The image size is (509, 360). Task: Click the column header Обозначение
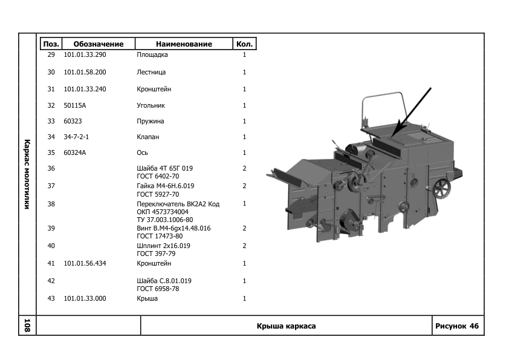click(x=98, y=44)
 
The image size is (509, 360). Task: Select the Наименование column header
click(x=184, y=44)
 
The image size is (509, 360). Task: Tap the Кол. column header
click(x=244, y=44)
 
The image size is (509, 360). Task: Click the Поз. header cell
click(x=51, y=44)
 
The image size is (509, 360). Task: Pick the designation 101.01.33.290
click(x=85, y=55)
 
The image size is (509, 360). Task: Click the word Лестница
click(x=151, y=73)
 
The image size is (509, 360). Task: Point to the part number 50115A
click(x=76, y=106)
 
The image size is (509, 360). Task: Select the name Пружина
click(x=151, y=122)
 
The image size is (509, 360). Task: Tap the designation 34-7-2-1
click(x=77, y=137)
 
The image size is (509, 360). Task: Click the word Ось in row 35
click(x=143, y=153)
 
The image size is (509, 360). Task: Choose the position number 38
click(x=51, y=205)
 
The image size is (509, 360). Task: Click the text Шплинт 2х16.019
click(x=164, y=246)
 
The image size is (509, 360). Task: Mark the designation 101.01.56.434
click(x=85, y=264)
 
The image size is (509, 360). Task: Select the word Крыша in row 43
click(x=148, y=299)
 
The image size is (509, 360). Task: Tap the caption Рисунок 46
click(x=457, y=326)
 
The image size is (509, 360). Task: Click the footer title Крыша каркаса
click(x=286, y=326)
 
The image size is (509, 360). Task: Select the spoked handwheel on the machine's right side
click(x=444, y=189)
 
